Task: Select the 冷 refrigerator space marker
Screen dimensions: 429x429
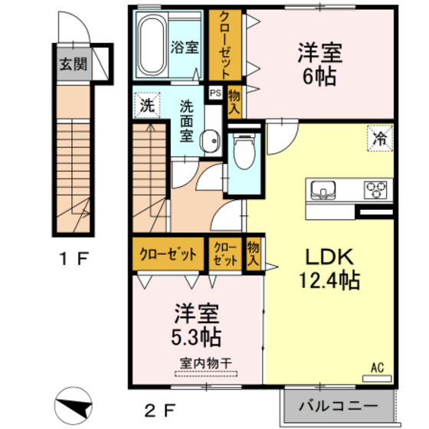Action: point(378,139)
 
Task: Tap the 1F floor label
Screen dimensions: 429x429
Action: point(74,258)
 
